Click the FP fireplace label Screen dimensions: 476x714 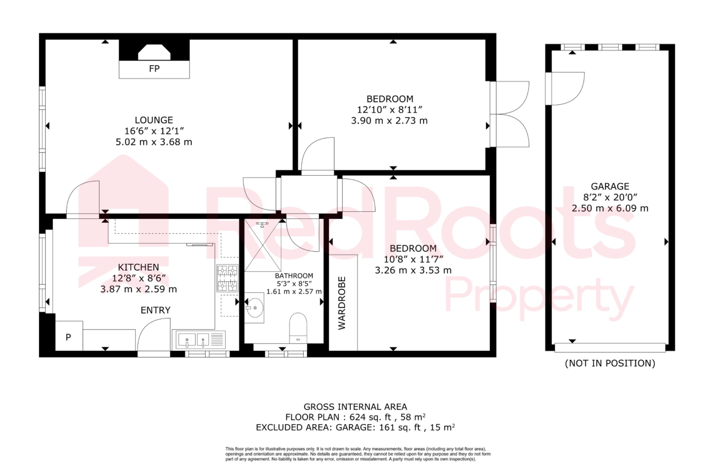tap(154, 69)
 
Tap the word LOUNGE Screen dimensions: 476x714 tap(154, 120)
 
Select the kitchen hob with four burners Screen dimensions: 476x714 tap(227, 278)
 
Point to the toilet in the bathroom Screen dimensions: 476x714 tap(298, 328)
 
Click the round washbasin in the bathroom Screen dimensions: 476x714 tap(255, 308)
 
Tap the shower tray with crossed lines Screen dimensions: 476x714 tap(263, 245)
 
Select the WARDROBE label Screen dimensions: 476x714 tap(342, 303)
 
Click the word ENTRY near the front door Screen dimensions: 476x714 tap(155, 310)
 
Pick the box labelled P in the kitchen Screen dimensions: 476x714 tap(69, 337)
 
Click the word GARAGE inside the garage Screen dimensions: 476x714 tap(610, 186)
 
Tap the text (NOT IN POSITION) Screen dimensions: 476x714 tap(610, 363)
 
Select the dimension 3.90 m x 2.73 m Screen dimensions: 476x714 tap(389, 121)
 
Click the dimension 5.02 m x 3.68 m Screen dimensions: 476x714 tap(154, 142)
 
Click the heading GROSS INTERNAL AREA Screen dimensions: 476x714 tap(355, 407)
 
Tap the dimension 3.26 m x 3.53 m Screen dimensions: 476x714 tap(413, 270)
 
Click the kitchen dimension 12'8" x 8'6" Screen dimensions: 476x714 tap(138, 278)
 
